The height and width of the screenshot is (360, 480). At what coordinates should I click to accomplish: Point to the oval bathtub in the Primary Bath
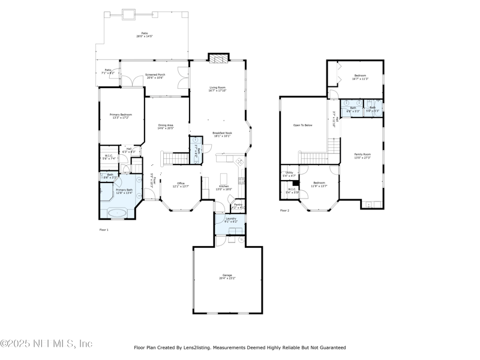[x=117, y=212]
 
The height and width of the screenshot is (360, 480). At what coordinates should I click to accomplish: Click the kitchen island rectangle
[x=225, y=179]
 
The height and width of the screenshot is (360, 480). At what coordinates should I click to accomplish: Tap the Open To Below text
[x=302, y=125]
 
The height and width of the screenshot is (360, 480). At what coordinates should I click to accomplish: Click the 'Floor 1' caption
[x=104, y=230]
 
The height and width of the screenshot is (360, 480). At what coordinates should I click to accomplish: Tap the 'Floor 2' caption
[x=284, y=211]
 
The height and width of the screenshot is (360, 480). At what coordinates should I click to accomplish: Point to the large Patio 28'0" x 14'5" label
[x=144, y=35]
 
